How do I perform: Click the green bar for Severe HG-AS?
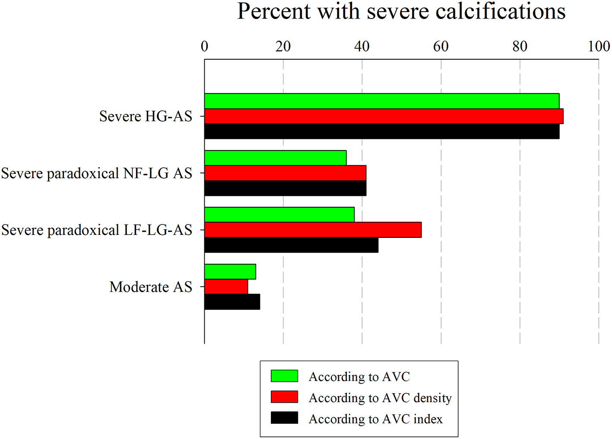tap(382, 101)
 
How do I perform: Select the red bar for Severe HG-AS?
tap(384, 116)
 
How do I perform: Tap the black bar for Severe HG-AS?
tap(382, 131)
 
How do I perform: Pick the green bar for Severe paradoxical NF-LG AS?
tap(276, 158)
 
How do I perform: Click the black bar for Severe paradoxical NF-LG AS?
tap(285, 189)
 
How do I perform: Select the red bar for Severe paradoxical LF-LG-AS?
tap(313, 230)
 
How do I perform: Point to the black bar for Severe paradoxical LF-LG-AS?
tap(291, 245)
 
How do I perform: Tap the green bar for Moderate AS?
tap(230, 272)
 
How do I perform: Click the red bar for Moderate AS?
tap(226, 287)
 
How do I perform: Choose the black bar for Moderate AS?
tap(232, 302)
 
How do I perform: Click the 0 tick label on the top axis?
tap(204, 46)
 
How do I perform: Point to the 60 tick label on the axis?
tap(441, 46)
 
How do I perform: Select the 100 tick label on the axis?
tap(599, 46)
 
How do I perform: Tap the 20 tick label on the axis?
tap(283, 46)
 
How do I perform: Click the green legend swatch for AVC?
tap(284, 376)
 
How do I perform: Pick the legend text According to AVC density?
tap(380, 397)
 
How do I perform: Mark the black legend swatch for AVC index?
tap(284, 418)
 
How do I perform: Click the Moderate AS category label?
tap(151, 287)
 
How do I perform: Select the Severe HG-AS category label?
tap(146, 116)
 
